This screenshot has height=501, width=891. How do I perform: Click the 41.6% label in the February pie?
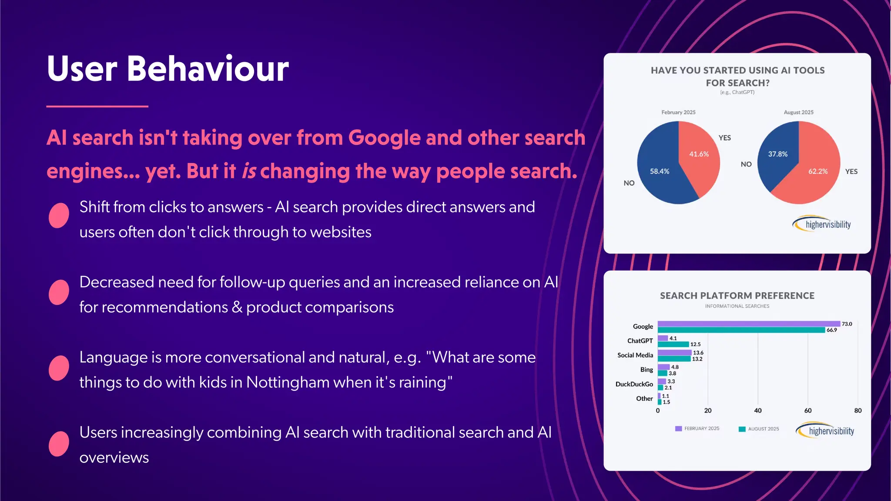(699, 154)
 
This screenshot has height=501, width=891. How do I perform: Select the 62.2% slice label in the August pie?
(818, 171)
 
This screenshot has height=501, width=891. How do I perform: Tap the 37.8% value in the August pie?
(777, 154)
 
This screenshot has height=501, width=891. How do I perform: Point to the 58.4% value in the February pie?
(660, 171)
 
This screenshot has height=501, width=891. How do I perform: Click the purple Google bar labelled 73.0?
(748, 324)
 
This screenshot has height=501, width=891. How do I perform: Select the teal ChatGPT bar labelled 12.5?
(673, 344)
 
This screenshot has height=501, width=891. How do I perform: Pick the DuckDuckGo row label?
(634, 384)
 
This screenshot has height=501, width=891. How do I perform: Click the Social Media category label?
(635, 355)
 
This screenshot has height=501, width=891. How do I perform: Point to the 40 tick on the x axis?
(758, 411)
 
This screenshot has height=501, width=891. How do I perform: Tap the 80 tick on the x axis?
(858, 411)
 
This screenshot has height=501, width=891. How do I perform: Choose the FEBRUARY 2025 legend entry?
(697, 429)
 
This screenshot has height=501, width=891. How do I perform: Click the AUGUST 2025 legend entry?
(759, 429)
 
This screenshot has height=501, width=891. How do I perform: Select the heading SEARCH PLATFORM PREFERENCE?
(737, 296)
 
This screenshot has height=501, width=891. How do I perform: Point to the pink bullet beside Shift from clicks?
(59, 215)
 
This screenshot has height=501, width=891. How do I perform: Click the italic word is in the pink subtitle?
(249, 171)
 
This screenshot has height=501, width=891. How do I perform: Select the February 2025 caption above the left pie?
(678, 112)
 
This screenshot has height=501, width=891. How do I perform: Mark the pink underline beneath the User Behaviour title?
(97, 106)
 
